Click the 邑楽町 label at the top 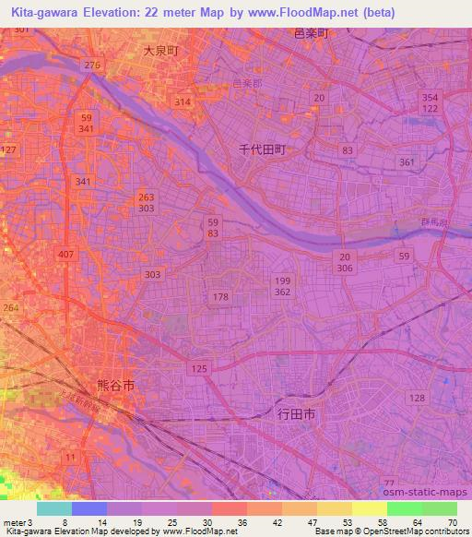311,32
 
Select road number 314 183,101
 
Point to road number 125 198,369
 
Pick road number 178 220,296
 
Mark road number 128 417,397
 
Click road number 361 407,161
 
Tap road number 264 9,308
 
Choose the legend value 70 453,522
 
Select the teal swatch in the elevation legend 54,508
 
